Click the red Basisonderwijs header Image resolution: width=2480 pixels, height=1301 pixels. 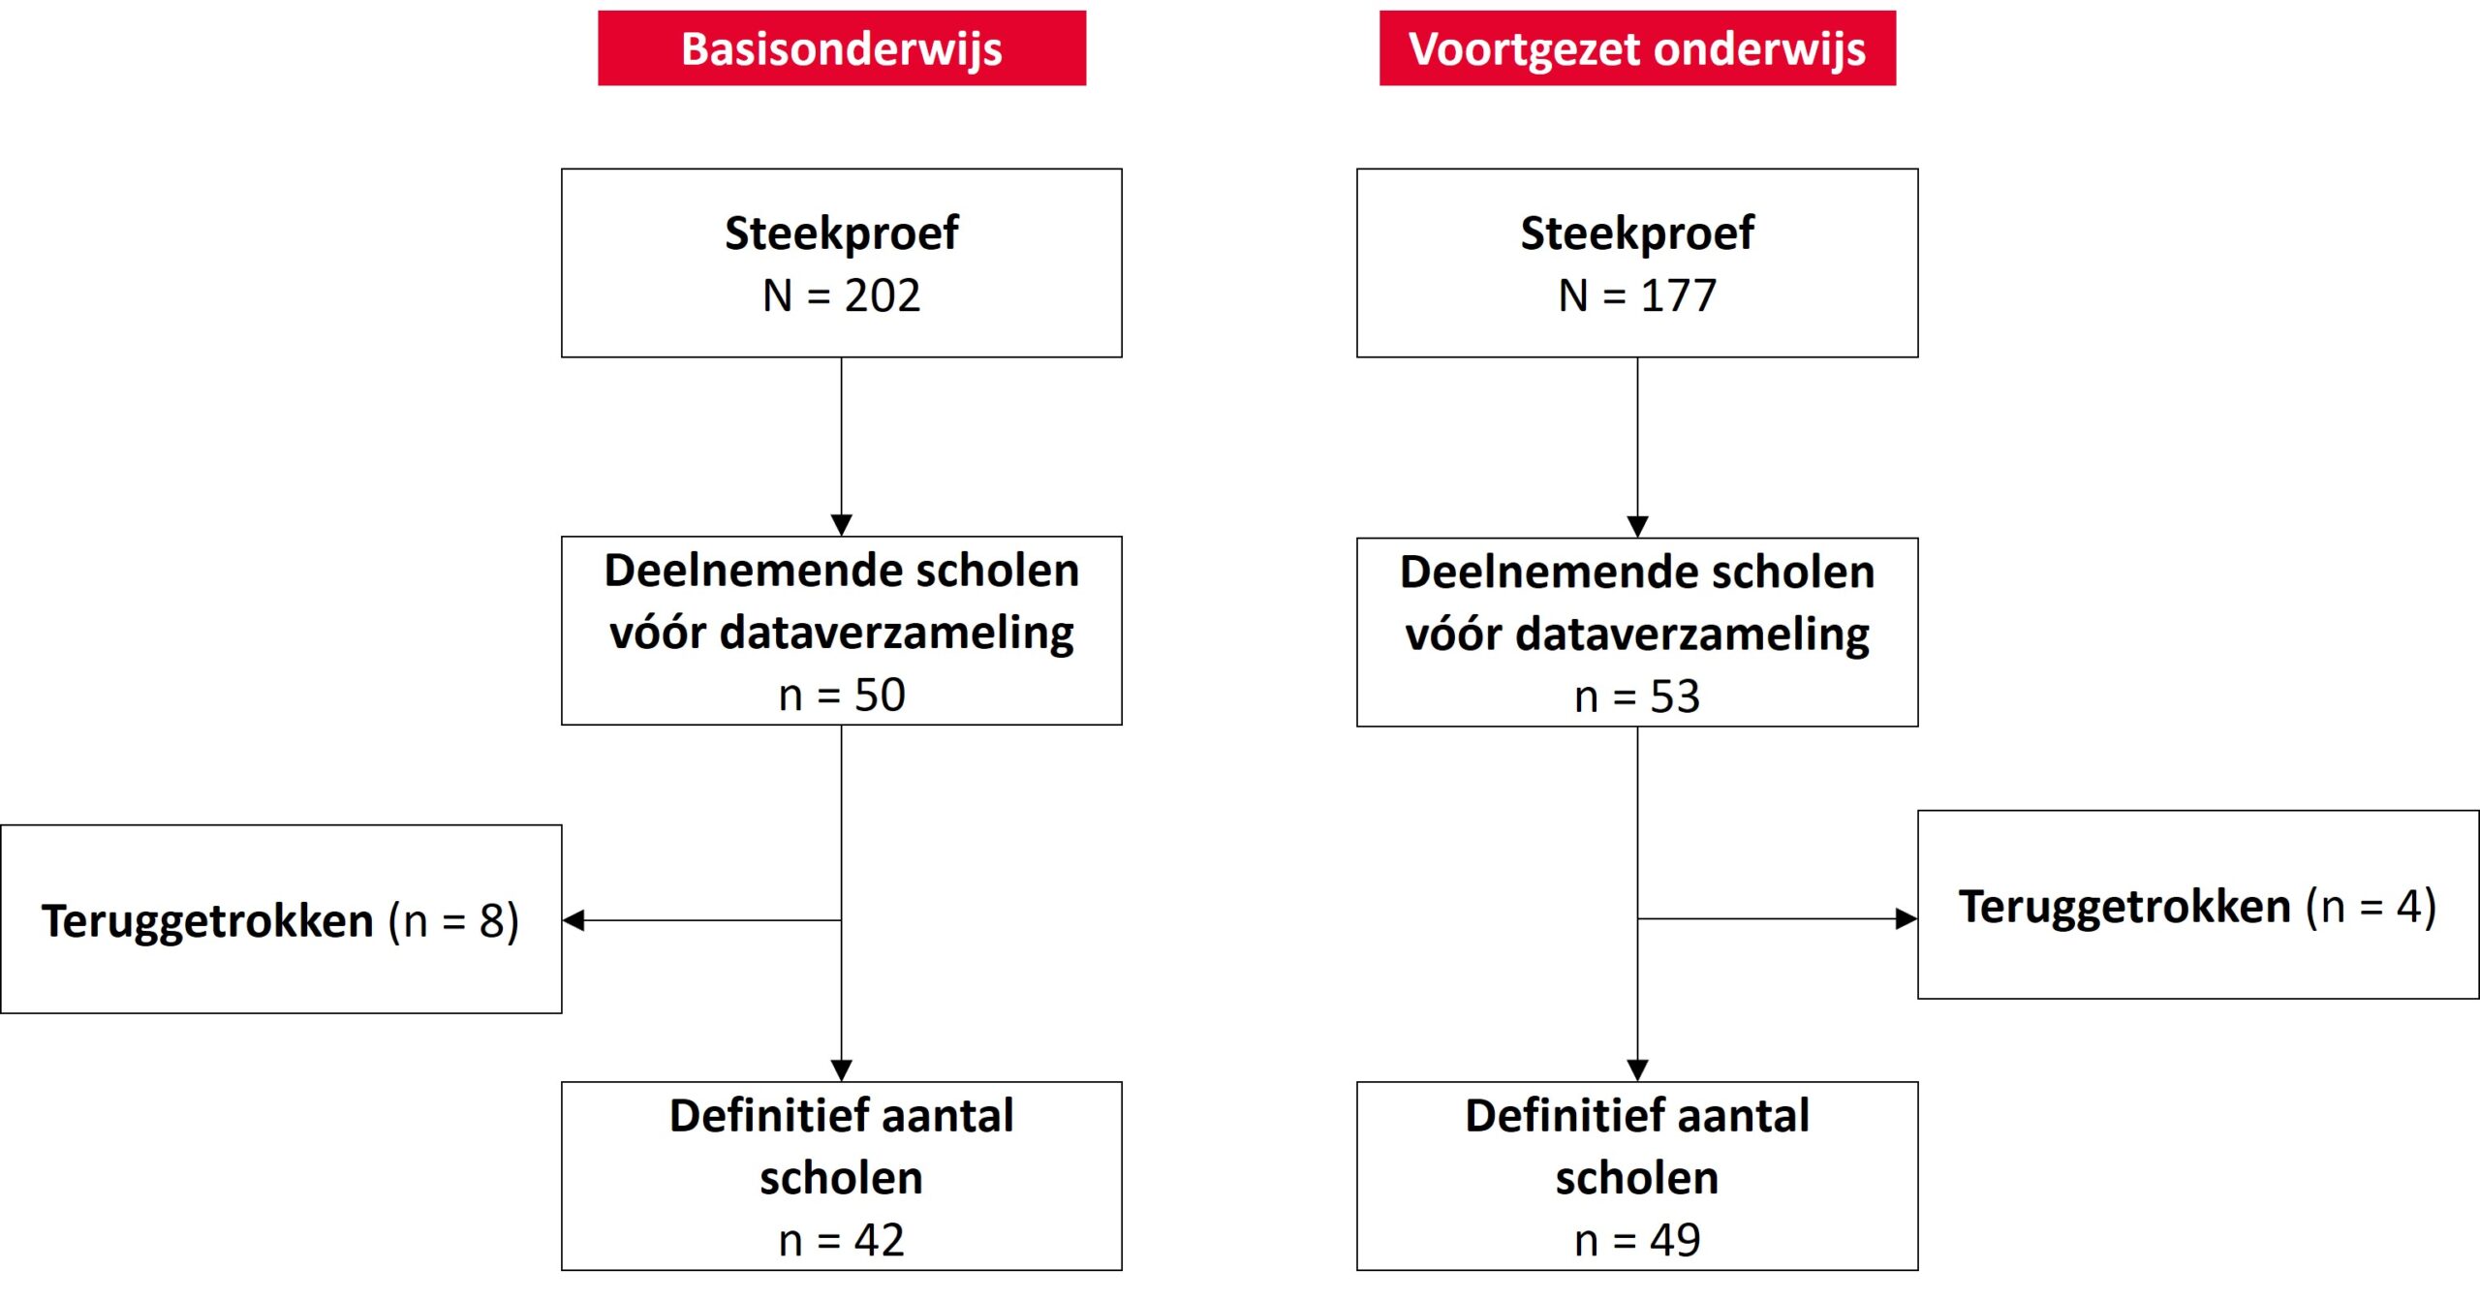coord(842,48)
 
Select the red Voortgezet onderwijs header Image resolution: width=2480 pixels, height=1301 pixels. coord(1637,48)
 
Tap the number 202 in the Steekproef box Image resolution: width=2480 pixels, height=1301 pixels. coord(882,295)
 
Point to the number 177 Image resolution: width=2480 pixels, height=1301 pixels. coord(1678,295)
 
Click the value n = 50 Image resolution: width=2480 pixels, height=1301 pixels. coord(842,695)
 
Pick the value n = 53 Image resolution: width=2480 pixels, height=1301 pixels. coord(1637,697)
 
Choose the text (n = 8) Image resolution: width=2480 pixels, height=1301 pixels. coord(453,920)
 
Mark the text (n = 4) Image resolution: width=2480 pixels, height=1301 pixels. coord(2371,907)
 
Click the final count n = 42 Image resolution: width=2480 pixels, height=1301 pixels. coord(842,1240)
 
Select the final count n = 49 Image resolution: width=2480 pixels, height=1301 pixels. coord(1637,1240)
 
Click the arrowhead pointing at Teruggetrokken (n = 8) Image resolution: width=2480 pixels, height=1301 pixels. coord(573,920)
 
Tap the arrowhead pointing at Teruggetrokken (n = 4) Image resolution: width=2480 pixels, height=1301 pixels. coord(1906,918)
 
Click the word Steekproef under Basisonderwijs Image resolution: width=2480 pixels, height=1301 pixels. coord(842,233)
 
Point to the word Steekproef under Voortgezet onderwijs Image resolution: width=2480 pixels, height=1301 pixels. coord(1637,233)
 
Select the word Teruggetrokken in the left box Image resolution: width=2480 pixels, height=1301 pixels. coord(207,920)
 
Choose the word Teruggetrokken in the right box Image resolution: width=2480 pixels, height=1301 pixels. coord(2124,907)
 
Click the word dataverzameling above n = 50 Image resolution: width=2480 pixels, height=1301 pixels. coord(897,633)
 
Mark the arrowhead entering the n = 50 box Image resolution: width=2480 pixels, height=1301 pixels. coord(842,525)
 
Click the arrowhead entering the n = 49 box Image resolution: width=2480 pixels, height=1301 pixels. coord(1637,1070)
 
